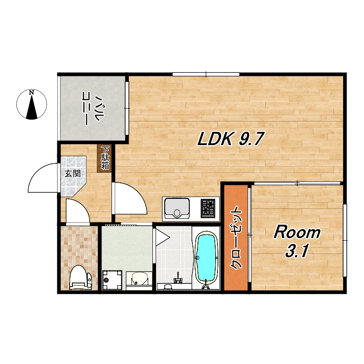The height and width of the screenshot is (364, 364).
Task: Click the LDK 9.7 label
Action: [231, 139]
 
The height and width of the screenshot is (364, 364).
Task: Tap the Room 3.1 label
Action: [297, 242]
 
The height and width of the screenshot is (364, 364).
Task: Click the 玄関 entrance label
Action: [73, 173]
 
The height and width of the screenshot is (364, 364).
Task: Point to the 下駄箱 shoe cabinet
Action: [105, 158]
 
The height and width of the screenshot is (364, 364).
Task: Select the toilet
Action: [81, 278]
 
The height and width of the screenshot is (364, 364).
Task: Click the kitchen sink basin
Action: [177, 208]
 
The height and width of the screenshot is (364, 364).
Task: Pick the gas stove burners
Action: [208, 208]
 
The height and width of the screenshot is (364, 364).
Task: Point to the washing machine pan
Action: [112, 280]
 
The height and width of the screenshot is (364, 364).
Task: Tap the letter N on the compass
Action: [31, 93]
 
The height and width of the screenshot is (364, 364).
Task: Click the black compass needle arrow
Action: [32, 107]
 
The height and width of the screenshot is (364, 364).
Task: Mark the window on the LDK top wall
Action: [206, 74]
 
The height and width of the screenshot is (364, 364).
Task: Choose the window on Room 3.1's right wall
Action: [345, 240]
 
